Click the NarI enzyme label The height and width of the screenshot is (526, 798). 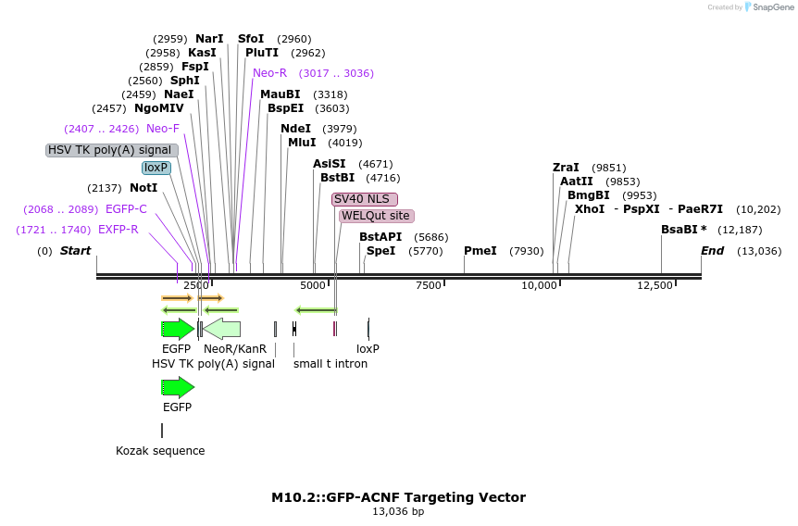click(209, 39)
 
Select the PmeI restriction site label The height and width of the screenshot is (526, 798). click(480, 251)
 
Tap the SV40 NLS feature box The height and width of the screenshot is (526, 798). click(365, 199)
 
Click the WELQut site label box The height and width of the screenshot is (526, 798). click(376, 216)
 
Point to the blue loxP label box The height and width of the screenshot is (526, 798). click(156, 168)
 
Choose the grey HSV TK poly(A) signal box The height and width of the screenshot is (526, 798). click(111, 150)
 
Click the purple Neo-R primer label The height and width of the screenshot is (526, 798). click(269, 73)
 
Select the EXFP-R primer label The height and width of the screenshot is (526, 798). click(118, 230)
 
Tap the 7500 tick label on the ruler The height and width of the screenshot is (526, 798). click(429, 285)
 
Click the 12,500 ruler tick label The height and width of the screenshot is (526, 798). click(655, 285)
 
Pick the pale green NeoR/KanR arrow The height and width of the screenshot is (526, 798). click(222, 328)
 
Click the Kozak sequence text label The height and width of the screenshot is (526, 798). click(160, 451)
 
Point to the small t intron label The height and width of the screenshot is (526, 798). click(330, 364)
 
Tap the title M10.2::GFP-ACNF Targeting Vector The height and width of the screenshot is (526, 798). click(398, 497)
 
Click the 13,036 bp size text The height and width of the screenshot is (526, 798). click(398, 511)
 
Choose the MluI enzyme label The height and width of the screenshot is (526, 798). click(302, 143)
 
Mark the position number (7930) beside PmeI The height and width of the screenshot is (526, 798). click(526, 251)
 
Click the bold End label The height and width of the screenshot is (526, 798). click(712, 251)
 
